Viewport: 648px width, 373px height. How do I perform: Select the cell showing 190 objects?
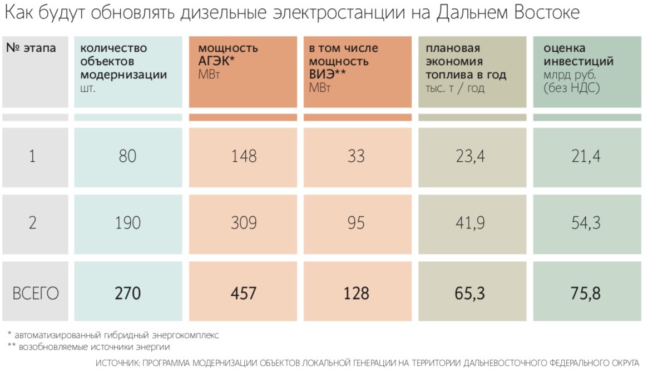point(127,223)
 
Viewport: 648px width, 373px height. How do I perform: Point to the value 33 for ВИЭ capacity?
point(356,156)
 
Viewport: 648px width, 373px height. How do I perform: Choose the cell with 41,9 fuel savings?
point(471,223)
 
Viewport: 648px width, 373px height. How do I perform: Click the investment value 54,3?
point(586,223)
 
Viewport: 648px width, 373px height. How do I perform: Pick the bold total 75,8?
point(586,293)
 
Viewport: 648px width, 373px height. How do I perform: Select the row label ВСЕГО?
point(35,293)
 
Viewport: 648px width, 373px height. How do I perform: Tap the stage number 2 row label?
point(32,223)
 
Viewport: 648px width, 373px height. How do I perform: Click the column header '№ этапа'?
point(31,48)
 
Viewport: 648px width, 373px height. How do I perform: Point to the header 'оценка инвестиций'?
point(578,55)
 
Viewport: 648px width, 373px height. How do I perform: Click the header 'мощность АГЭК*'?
point(228,55)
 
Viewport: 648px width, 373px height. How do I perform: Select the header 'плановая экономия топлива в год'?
point(466,61)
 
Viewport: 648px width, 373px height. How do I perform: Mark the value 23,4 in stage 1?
point(471,156)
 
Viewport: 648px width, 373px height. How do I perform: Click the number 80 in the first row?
point(127,156)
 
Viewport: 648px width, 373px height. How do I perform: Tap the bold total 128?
point(356,293)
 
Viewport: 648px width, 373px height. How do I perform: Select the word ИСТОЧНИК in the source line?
point(117,364)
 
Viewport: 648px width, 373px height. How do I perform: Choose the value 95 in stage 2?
point(356,223)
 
